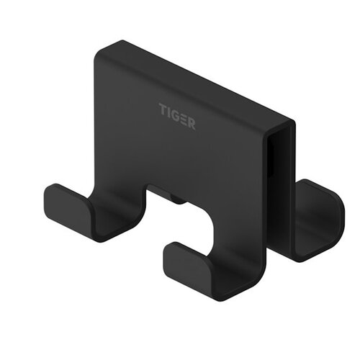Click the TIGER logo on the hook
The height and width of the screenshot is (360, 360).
[x=176, y=113]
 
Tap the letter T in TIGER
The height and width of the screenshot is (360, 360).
[x=162, y=108]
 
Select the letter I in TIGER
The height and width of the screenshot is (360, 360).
[x=168, y=110]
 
